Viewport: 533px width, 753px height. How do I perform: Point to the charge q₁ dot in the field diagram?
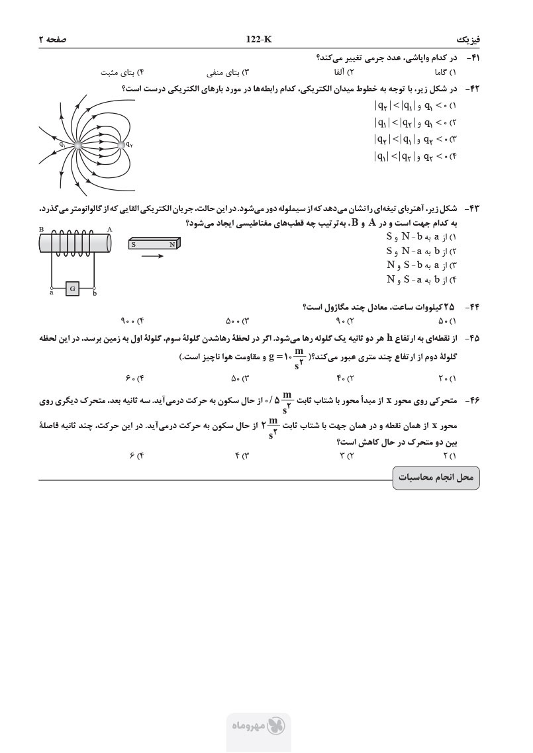pyautogui.click(x=77, y=144)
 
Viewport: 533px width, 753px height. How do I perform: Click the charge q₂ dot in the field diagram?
pyautogui.click(x=121, y=144)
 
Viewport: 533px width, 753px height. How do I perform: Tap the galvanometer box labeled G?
pyautogui.click(x=73, y=288)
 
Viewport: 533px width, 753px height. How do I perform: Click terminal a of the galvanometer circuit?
pyautogui.click(x=52, y=288)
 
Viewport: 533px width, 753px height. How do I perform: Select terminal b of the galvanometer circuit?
pyautogui.click(x=95, y=288)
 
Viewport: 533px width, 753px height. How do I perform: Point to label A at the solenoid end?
pyautogui.click(x=109, y=229)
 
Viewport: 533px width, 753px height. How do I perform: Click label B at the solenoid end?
pyautogui.click(x=41, y=229)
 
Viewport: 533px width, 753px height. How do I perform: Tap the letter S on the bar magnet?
pyautogui.click(x=134, y=244)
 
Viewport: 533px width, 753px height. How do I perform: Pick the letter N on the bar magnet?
pyautogui.click(x=172, y=244)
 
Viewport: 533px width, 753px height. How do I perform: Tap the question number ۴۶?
pyautogui.click(x=473, y=401)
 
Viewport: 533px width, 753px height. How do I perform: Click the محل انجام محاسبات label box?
pyautogui.click(x=436, y=477)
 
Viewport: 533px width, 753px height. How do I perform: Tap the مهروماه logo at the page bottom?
pyautogui.click(x=258, y=726)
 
